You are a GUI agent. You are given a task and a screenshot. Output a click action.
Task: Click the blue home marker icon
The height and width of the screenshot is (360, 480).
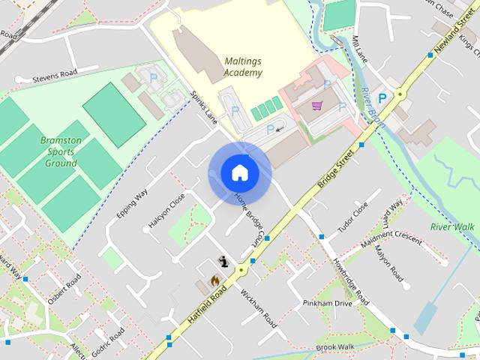pos(239,173)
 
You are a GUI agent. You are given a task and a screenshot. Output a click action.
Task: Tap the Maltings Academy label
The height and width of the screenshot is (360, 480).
pos(243,67)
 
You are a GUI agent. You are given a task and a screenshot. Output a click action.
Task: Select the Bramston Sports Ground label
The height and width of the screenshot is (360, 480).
pos(61,151)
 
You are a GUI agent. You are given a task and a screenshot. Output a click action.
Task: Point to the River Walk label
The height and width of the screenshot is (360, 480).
pos(452,226)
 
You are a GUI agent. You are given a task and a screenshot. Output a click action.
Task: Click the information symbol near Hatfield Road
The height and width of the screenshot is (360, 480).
pos(223,261)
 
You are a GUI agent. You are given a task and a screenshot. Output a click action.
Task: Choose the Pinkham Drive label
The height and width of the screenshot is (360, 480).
pos(327,303)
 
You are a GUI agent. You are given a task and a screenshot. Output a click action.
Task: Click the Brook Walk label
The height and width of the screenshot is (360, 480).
pos(334,347)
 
